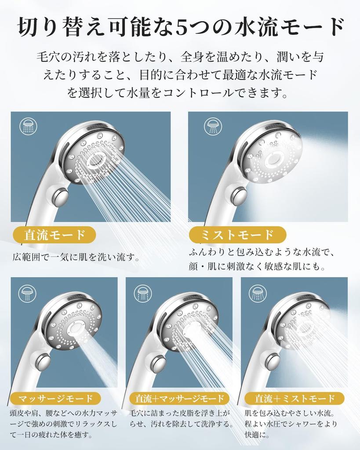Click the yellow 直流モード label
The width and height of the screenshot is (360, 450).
point(55,235)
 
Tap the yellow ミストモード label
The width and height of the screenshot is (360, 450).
point(237,235)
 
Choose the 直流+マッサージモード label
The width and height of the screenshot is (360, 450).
point(179,399)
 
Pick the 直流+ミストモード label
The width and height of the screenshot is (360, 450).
point(295,399)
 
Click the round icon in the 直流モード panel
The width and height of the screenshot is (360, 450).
point(29,125)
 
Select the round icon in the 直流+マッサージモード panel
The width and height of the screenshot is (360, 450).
point(142,293)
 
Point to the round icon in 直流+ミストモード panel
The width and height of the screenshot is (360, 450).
point(258,293)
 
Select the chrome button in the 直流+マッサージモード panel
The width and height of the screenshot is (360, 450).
point(158,363)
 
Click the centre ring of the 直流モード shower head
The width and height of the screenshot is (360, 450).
point(97,161)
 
